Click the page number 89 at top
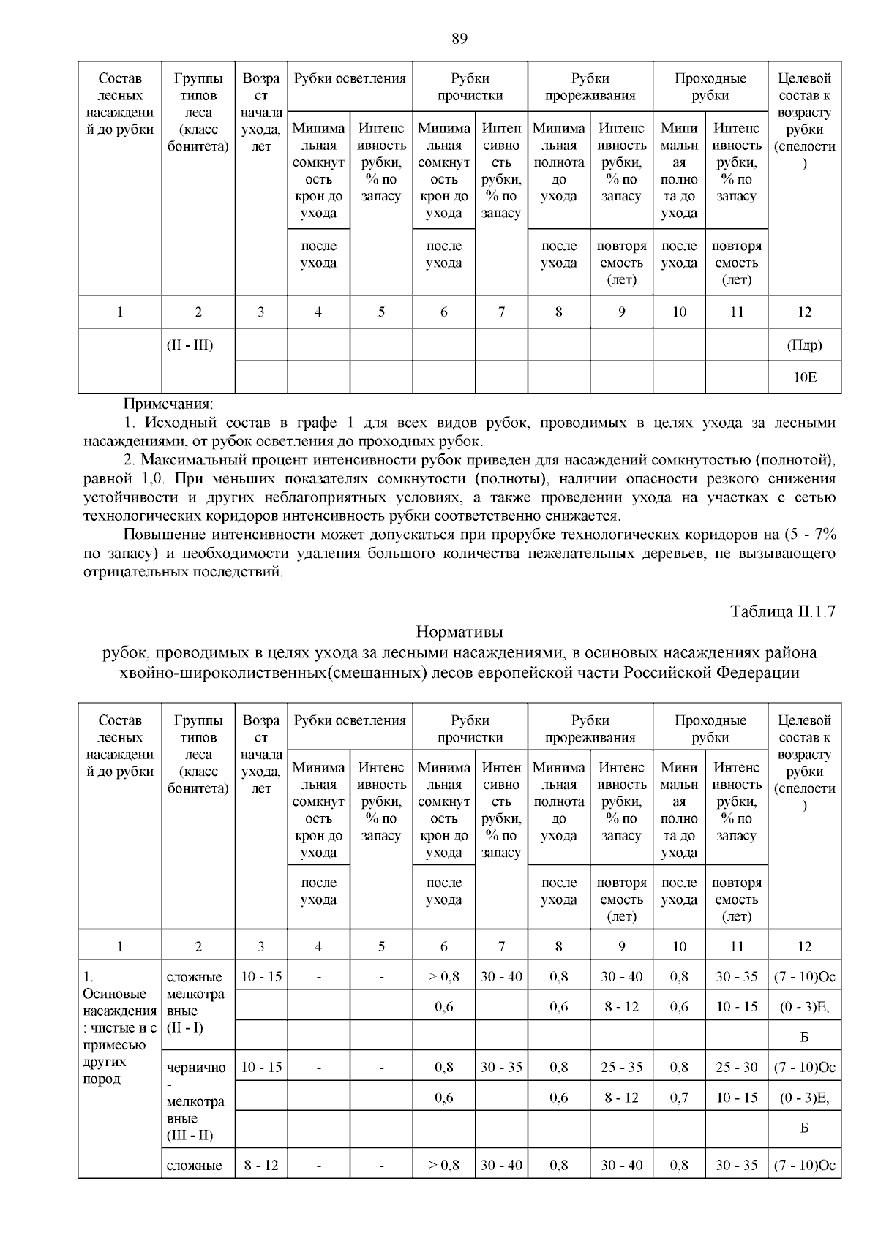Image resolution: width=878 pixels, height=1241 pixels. point(459,39)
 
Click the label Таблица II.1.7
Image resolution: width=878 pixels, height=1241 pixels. point(782,611)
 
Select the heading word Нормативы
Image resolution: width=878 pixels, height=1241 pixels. point(459,631)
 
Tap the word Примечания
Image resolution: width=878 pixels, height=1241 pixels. point(168,404)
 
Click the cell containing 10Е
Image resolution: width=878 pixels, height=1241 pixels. point(804,377)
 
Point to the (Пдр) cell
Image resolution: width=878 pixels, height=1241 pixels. point(804,345)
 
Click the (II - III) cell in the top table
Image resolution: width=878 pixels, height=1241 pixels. point(190,345)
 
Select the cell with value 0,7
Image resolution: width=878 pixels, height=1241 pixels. point(679,1098)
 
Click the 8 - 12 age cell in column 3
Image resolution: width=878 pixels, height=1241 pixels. point(261,1165)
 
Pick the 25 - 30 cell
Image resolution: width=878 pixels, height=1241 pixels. point(736,1067)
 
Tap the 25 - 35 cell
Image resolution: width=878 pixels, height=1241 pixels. point(621,1067)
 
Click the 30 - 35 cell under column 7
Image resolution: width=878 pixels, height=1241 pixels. point(501,1067)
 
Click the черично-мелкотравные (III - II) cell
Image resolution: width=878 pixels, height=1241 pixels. point(197,1101)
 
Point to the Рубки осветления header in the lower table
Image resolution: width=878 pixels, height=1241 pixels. point(350,720)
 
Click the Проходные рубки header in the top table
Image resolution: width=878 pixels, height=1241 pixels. point(710,87)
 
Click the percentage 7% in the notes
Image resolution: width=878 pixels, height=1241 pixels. point(823,533)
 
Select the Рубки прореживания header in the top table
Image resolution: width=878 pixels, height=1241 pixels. point(590,87)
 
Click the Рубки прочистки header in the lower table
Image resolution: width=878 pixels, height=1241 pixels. point(470,729)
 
